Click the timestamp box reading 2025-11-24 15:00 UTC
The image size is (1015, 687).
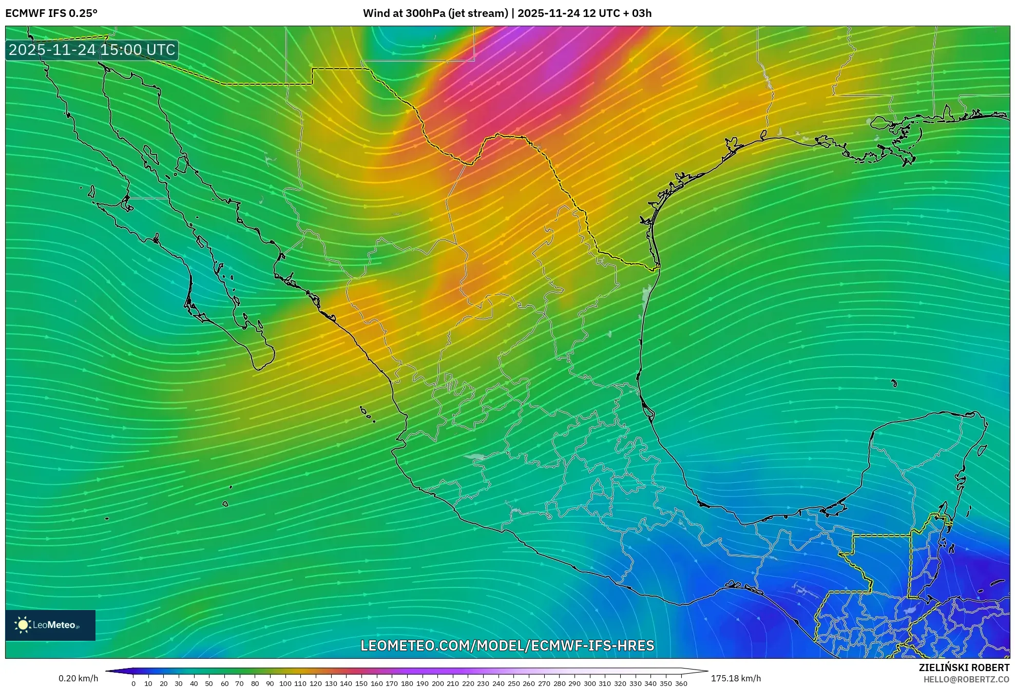click(x=92, y=50)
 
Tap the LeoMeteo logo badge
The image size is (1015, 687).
click(x=50, y=625)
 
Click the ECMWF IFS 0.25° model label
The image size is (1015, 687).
click(x=51, y=13)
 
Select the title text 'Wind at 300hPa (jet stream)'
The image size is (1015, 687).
click(x=435, y=13)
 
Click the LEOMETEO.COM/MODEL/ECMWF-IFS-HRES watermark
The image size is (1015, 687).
click(x=507, y=645)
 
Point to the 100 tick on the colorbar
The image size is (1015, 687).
click(x=285, y=683)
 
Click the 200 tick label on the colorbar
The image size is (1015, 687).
click(x=437, y=683)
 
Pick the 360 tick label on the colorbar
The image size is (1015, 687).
click(x=681, y=683)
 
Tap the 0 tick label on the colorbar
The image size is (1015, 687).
click(x=133, y=683)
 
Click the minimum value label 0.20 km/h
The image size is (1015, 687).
click(x=78, y=678)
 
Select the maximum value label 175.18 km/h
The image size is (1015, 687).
click(x=736, y=678)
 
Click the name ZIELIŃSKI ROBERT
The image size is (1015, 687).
click(x=964, y=667)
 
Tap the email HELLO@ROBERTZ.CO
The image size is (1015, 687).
click(x=966, y=679)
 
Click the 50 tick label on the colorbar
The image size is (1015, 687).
click(x=209, y=683)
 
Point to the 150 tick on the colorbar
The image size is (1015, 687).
click(x=361, y=683)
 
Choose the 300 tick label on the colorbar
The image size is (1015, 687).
click(x=590, y=683)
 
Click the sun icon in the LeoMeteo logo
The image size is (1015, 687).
click(x=23, y=625)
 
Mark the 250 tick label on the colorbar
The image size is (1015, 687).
click(x=514, y=683)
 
